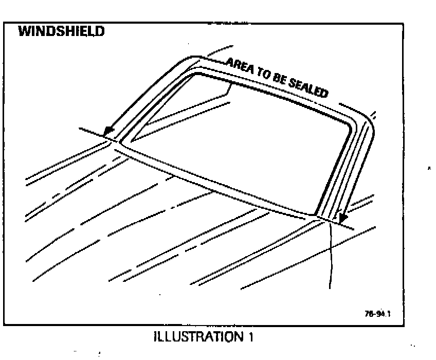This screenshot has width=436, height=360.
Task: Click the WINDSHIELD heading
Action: pos(61,32)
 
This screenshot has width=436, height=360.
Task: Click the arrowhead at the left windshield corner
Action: pos(108,132)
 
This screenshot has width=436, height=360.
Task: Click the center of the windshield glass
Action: pos(242,147)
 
